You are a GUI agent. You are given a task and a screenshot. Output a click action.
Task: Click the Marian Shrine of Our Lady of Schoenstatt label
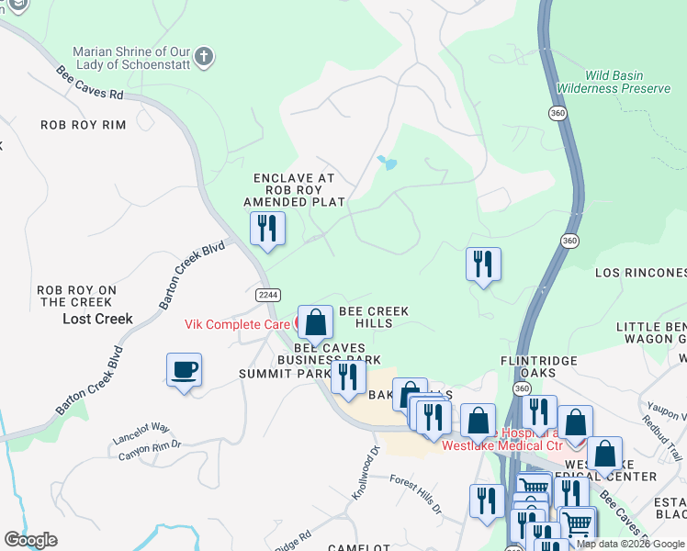coord(130,59)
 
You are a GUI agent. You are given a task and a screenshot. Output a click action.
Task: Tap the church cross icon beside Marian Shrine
coord(204,58)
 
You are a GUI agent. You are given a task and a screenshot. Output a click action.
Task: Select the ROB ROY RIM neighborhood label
coord(83,124)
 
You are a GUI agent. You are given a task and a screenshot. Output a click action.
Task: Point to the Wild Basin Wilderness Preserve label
coord(628,81)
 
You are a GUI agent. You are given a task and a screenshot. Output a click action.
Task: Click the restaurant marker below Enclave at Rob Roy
coord(267,230)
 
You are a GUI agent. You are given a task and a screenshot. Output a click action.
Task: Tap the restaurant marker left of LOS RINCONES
coord(482,264)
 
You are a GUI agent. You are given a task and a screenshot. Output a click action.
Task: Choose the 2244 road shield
coord(267,294)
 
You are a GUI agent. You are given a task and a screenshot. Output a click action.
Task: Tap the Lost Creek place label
coord(97,319)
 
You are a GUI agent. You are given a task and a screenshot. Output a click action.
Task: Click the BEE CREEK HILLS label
coord(374,317)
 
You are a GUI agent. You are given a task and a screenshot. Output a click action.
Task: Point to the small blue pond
coord(388,164)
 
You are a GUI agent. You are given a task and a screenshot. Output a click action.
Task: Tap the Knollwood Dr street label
coord(366,473)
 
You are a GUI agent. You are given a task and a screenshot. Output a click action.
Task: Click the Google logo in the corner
coord(30,539)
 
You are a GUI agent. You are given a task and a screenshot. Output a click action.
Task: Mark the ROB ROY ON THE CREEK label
coord(75,296)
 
